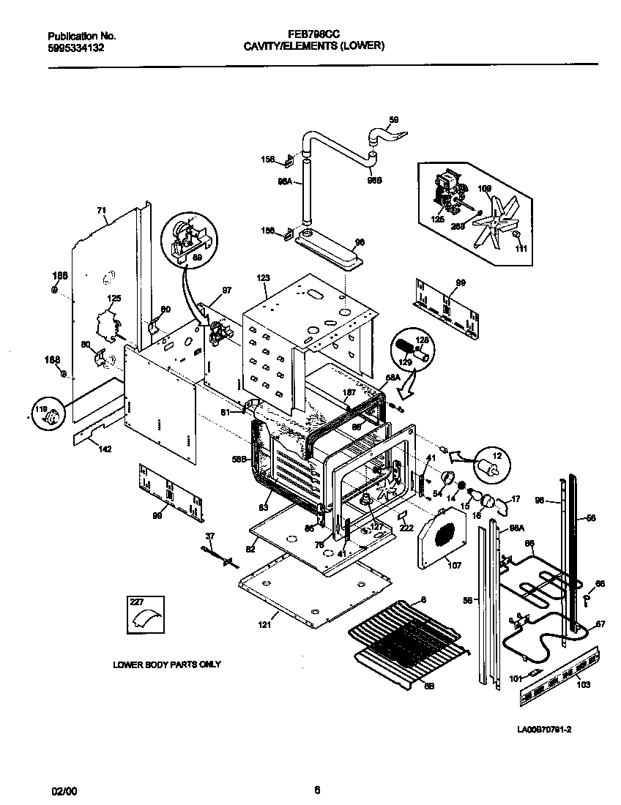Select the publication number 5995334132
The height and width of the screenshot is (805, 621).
[76, 46]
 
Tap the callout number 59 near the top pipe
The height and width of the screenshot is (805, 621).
[393, 120]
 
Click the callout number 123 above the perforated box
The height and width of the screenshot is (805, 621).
[263, 278]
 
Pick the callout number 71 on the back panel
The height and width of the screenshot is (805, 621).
[101, 211]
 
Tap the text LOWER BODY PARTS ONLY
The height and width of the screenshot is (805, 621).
[166, 664]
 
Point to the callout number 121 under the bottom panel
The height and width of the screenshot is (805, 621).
[264, 624]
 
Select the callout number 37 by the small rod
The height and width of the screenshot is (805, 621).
[210, 536]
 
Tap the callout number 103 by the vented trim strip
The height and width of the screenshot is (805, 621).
[583, 685]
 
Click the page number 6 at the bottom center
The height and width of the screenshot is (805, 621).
[317, 790]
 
